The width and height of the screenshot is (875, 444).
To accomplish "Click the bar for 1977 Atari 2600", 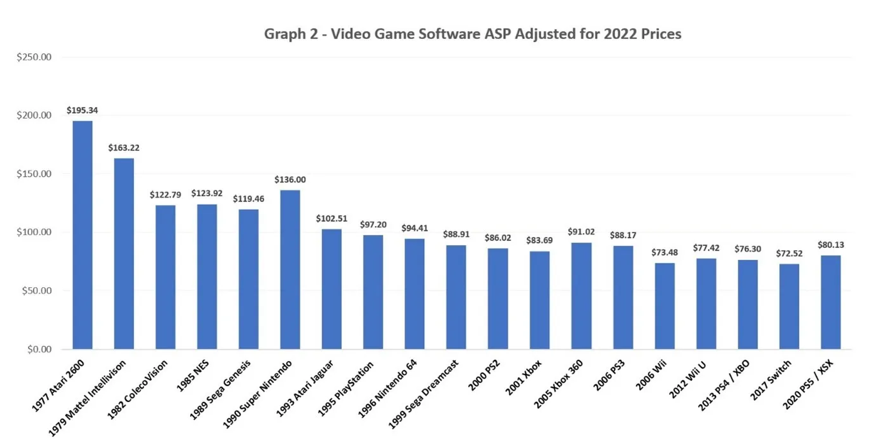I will point(82,235).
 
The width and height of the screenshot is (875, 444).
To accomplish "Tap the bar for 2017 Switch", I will point(789,306).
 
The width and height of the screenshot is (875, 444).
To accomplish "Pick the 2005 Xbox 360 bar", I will point(581,296).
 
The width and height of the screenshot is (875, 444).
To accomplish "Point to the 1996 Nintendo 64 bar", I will point(415,294).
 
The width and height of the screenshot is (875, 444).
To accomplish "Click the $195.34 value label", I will point(82,111).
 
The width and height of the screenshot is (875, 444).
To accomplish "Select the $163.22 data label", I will point(124,148).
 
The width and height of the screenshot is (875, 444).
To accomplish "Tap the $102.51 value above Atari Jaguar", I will point(332,218).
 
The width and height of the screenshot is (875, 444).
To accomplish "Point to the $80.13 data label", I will point(830,245).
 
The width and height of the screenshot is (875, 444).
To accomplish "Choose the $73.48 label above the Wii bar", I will point(664,253).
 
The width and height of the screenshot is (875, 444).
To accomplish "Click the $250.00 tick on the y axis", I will point(34,57).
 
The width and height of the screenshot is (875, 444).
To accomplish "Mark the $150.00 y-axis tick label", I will point(34,174).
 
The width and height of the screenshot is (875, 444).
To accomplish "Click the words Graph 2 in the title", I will point(290,34).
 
